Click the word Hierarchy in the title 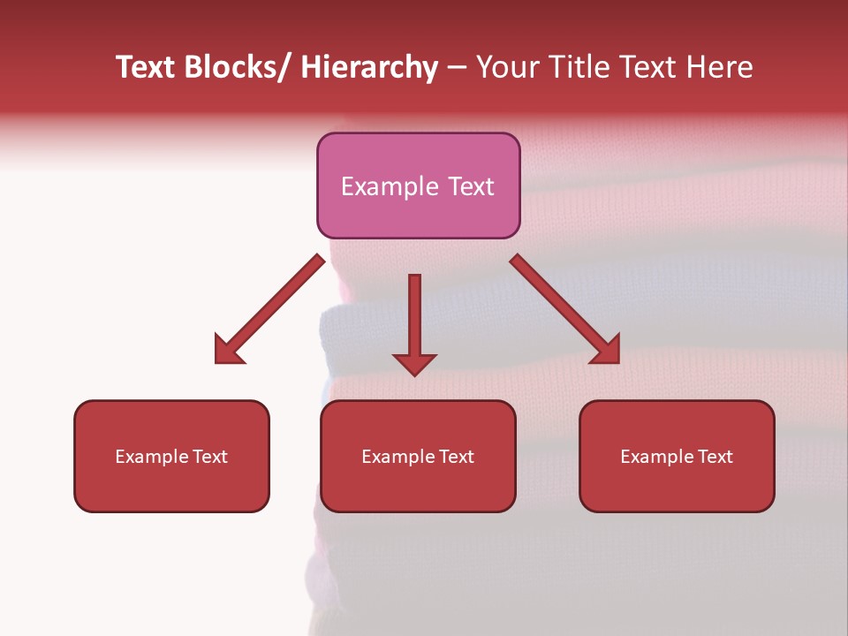(369, 68)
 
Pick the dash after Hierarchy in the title (456, 69)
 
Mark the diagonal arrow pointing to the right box (565, 310)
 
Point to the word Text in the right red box (715, 457)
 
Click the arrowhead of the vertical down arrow (414, 363)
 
